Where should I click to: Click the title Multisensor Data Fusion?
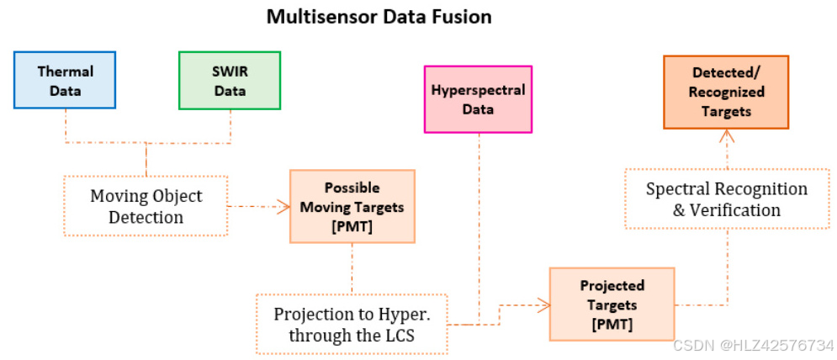point(379,16)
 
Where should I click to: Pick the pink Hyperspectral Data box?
point(478,99)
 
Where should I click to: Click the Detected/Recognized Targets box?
point(726,92)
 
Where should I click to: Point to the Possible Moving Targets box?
point(352,207)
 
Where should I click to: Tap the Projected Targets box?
point(611,304)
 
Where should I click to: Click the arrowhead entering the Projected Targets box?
point(543,304)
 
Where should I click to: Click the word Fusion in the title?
point(462,16)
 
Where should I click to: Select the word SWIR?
point(230,72)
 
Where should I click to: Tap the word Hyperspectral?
point(478,90)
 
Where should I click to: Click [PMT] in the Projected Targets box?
point(612,324)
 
